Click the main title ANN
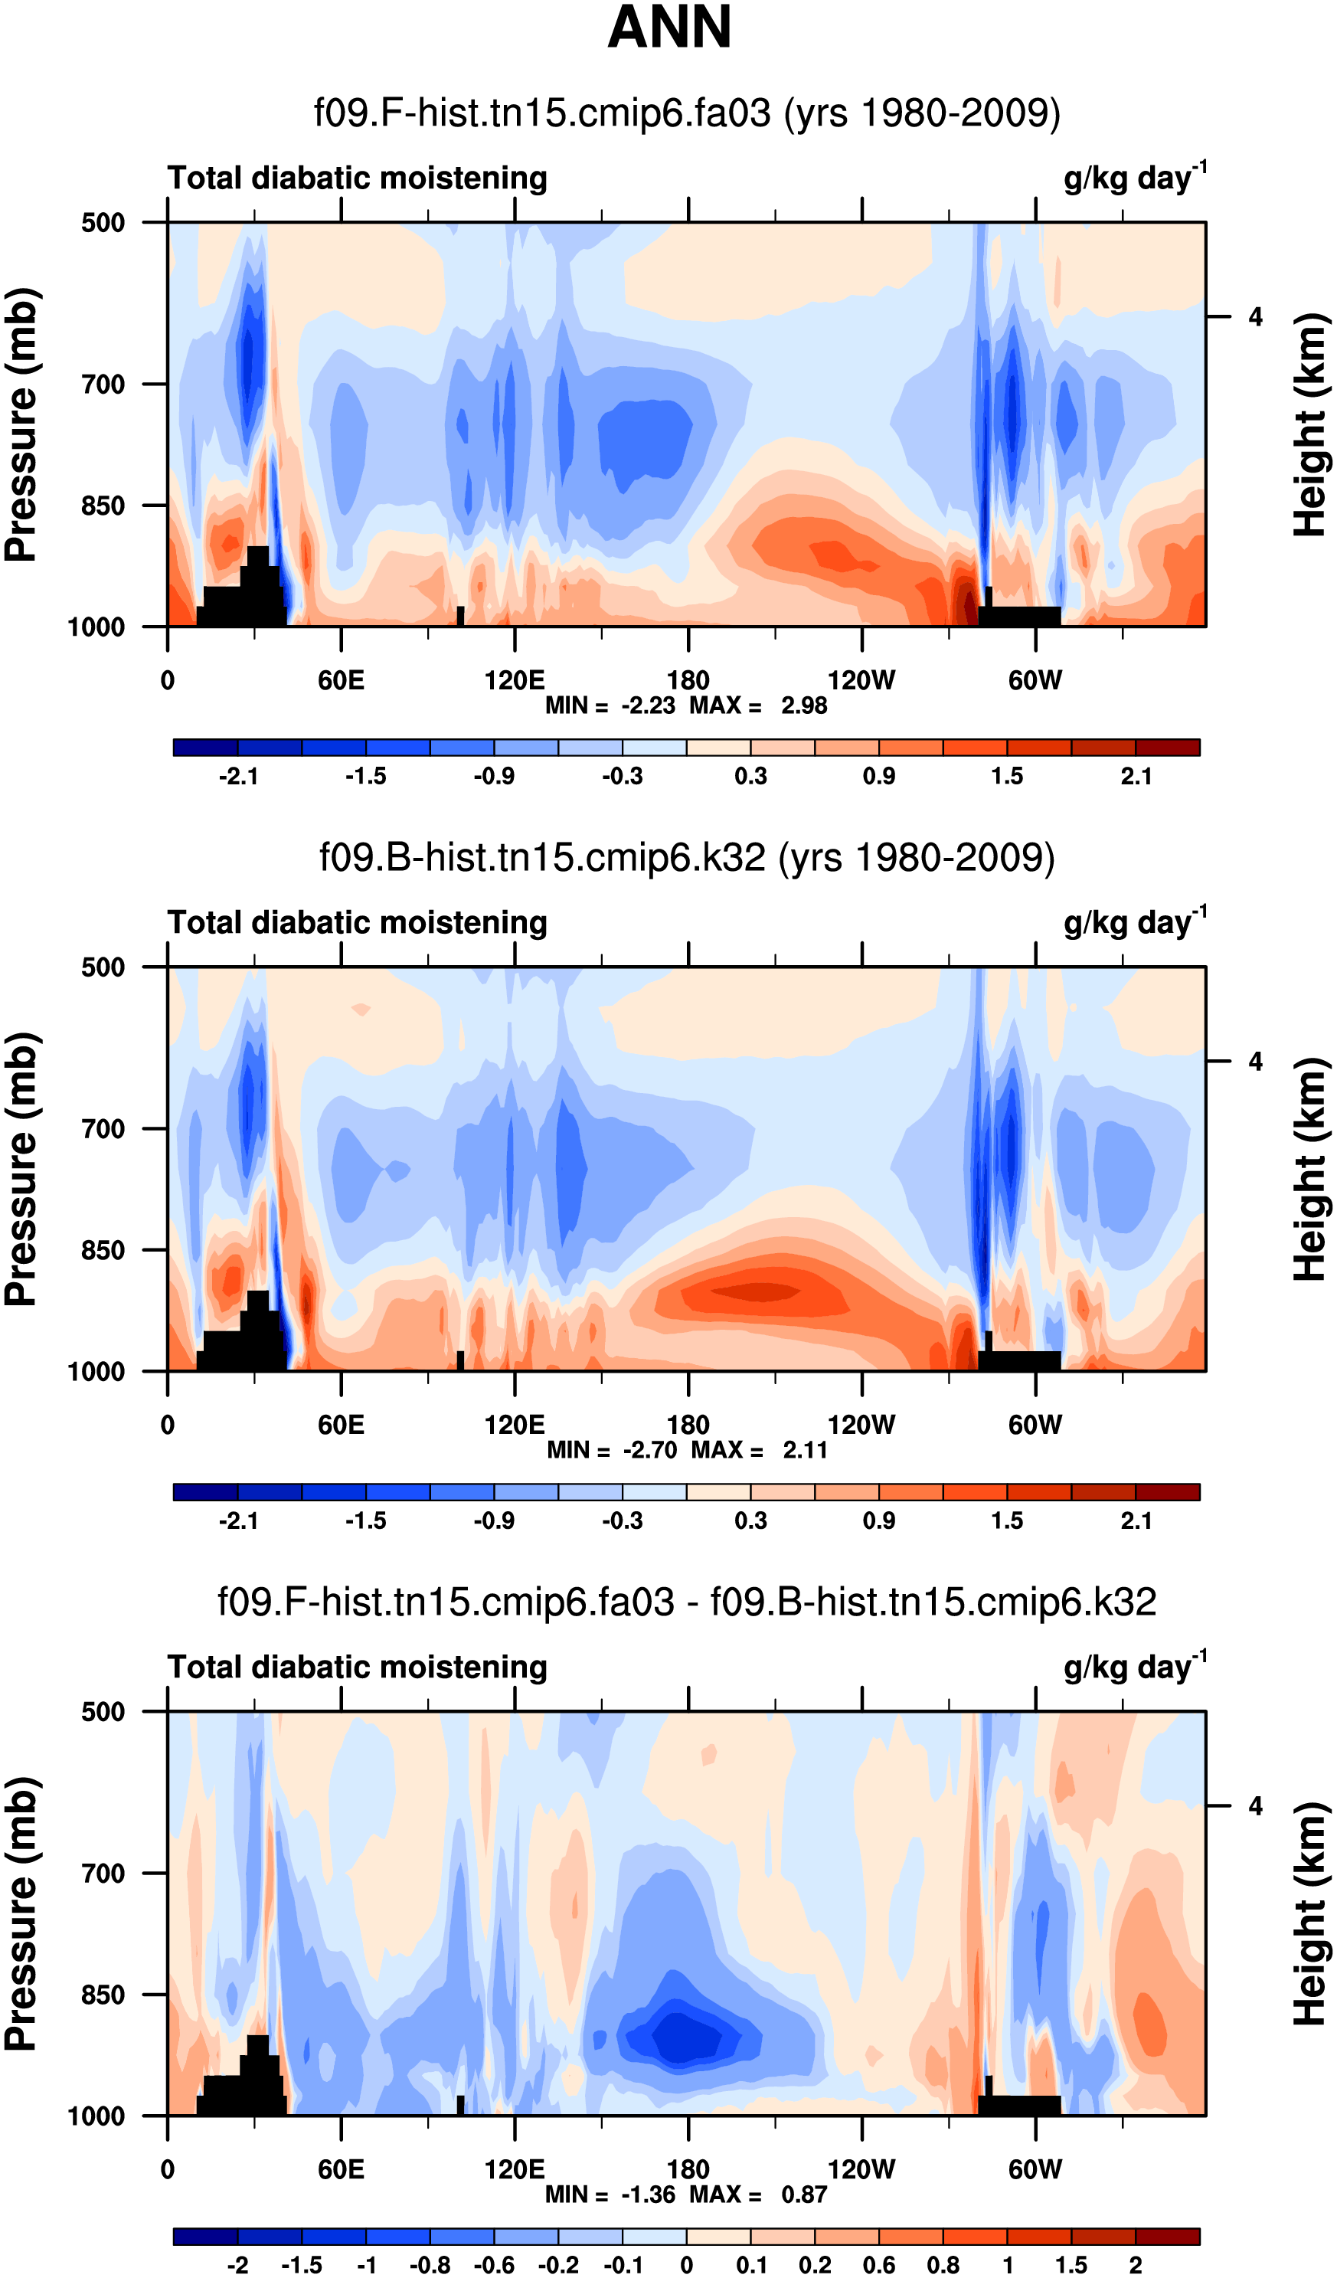pos(669,27)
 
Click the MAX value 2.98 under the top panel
pos(803,706)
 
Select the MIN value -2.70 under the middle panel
pos(649,1451)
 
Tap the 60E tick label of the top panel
pos(341,681)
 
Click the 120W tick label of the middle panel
pos(861,1425)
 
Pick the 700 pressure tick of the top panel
pos(103,385)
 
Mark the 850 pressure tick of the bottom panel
pos(103,1995)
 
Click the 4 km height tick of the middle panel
pos(1255,1062)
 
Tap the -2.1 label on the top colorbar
pos(237,777)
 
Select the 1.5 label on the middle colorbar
pos(1007,1521)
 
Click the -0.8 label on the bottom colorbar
pos(430,2265)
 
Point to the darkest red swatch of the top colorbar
pos(1167,748)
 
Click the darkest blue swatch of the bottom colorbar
pos(205,2237)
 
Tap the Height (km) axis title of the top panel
pos(1311,425)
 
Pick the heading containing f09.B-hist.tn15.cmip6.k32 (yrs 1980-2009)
pos(687,857)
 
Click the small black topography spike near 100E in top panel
pos(460,616)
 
